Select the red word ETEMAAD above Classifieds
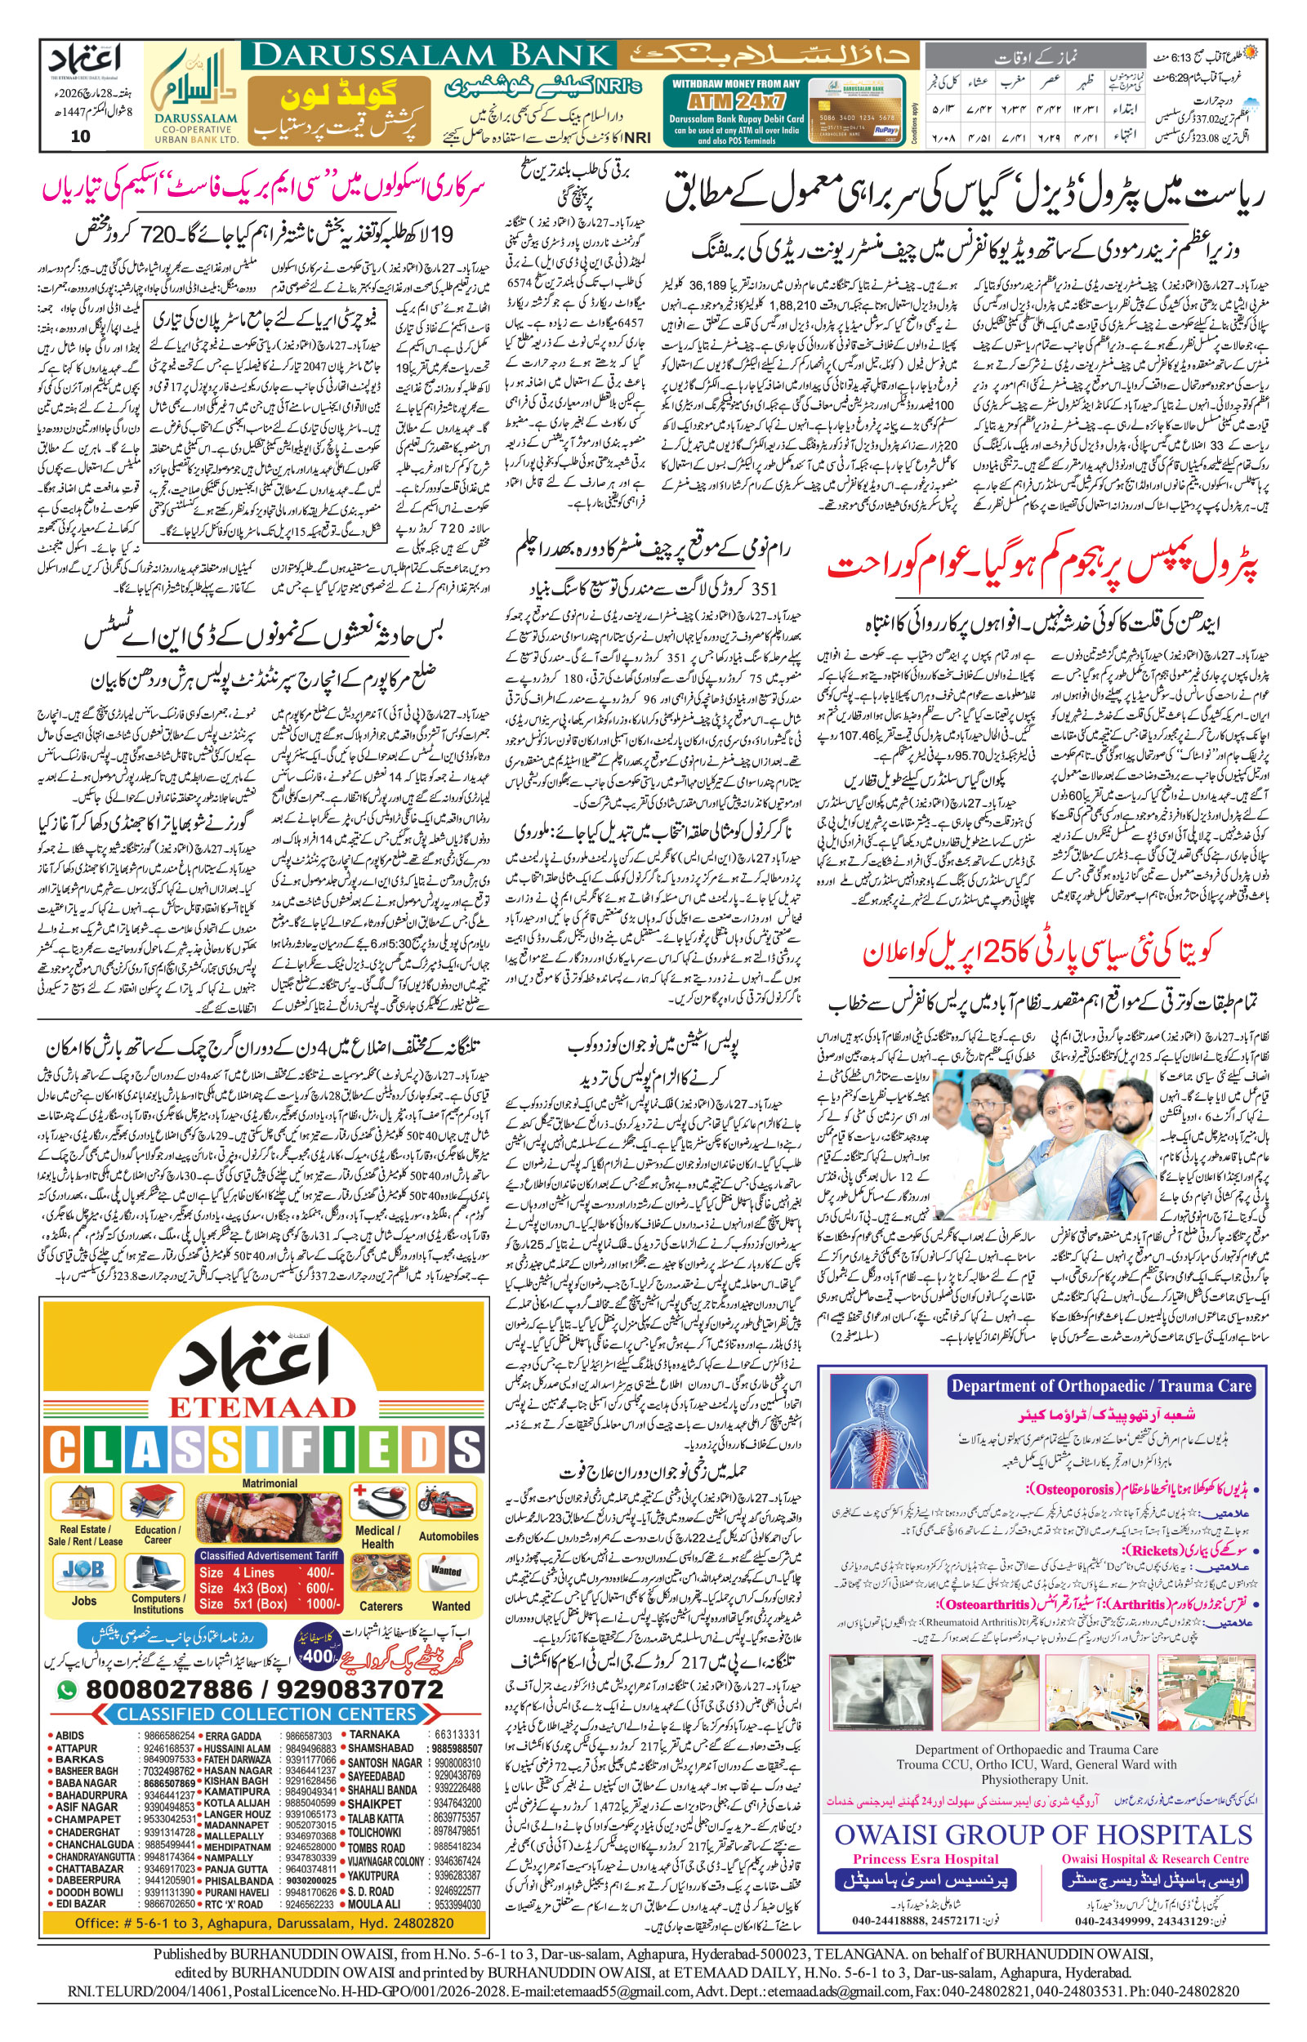click(264, 1407)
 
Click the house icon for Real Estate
click(84, 1505)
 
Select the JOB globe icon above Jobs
click(83, 1574)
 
